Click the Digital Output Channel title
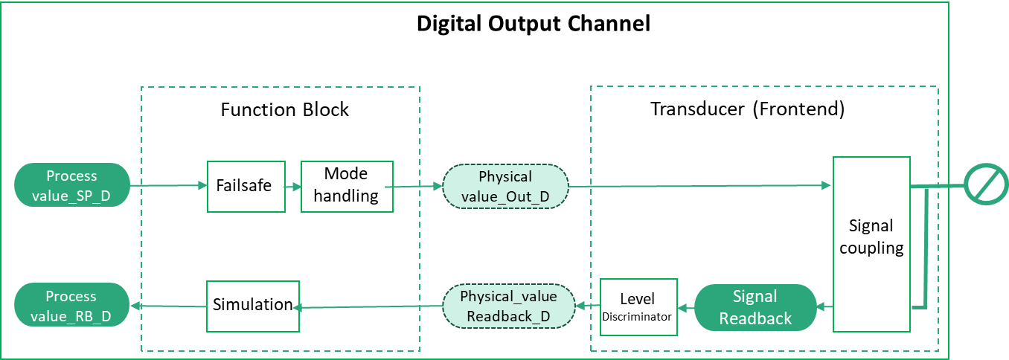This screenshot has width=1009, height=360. (534, 24)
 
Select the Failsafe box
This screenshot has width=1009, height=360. (246, 186)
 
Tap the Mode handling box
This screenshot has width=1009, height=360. (347, 186)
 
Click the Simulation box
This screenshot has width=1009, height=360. (253, 306)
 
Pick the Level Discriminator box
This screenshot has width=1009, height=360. (638, 307)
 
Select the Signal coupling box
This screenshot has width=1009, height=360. (871, 245)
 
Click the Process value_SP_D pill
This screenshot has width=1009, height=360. (72, 185)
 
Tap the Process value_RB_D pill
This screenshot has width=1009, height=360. (72, 305)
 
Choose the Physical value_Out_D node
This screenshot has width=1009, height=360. (505, 186)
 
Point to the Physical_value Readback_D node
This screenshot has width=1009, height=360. (508, 306)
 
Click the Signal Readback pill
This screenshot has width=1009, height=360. (755, 307)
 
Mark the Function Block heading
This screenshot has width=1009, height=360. (285, 110)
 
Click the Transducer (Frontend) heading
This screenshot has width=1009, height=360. (747, 109)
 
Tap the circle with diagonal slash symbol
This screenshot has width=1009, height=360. (986, 184)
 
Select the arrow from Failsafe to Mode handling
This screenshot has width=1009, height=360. (292, 186)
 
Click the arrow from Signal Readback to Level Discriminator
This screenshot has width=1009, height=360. (686, 308)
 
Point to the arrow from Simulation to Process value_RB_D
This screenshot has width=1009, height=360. (168, 306)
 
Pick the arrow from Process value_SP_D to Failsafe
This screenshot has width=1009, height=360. (168, 185)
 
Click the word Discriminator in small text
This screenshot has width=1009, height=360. (636, 317)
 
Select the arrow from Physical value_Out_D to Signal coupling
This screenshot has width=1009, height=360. (700, 185)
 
